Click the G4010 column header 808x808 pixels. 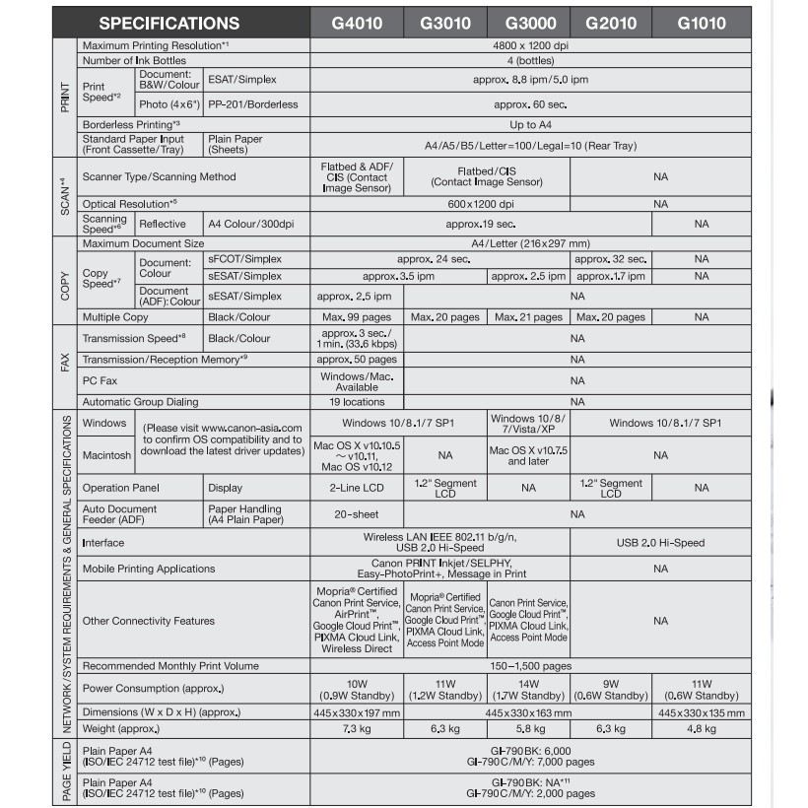point(357,22)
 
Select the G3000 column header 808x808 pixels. point(529,22)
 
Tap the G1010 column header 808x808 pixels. point(702,22)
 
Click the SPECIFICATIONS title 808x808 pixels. point(168,23)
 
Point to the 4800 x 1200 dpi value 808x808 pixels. point(530,45)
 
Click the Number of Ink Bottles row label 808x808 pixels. point(138,61)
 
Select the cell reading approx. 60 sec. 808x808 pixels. point(530,103)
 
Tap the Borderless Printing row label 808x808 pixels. point(131,124)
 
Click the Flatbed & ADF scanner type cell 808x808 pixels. point(357,176)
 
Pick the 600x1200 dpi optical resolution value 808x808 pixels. point(481,204)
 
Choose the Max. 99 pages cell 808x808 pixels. point(357,317)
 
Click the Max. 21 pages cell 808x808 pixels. point(529,317)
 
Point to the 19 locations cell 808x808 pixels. point(357,402)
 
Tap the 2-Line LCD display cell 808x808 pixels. point(357,488)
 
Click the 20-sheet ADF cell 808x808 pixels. point(357,514)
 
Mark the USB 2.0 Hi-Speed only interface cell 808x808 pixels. point(660,543)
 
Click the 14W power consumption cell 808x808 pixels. point(529,689)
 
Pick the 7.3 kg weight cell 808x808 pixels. point(357,729)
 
